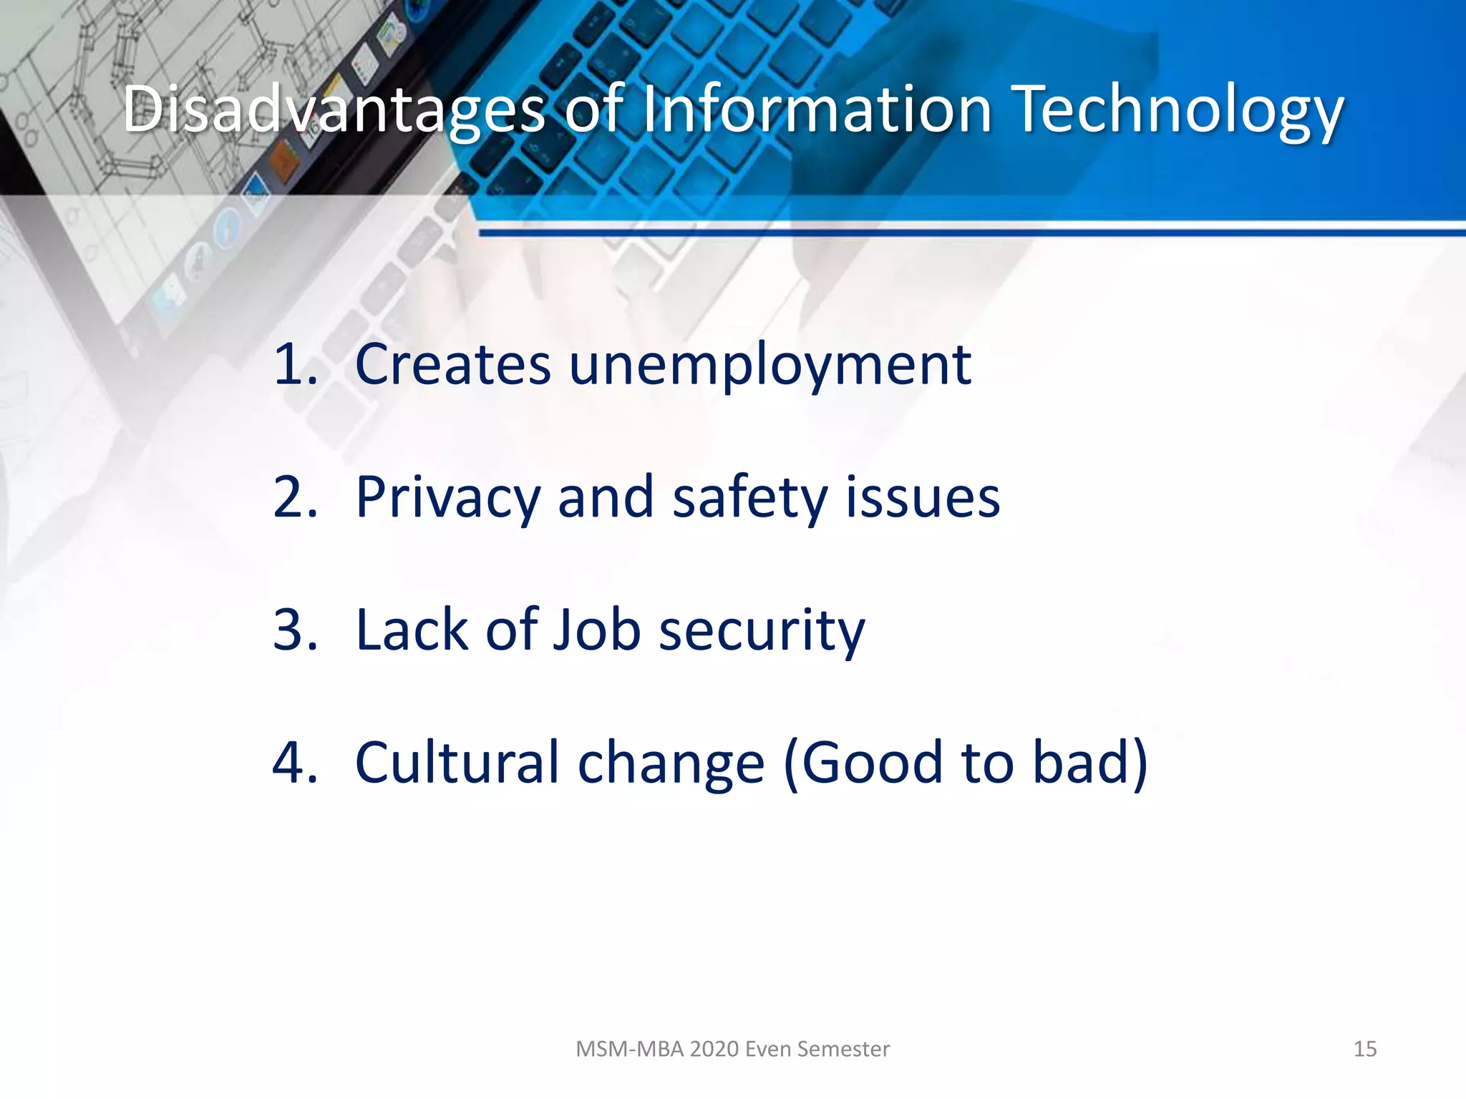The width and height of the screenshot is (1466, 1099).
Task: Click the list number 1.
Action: (294, 364)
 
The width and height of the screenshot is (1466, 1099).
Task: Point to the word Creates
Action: (452, 364)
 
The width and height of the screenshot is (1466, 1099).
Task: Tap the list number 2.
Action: (294, 497)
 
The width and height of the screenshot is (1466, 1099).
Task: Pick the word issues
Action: (923, 497)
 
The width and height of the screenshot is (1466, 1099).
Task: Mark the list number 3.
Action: (294, 630)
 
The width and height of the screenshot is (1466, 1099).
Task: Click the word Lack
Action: (412, 630)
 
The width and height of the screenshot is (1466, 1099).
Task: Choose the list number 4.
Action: (294, 763)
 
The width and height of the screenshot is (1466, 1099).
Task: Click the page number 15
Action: (1365, 1049)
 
